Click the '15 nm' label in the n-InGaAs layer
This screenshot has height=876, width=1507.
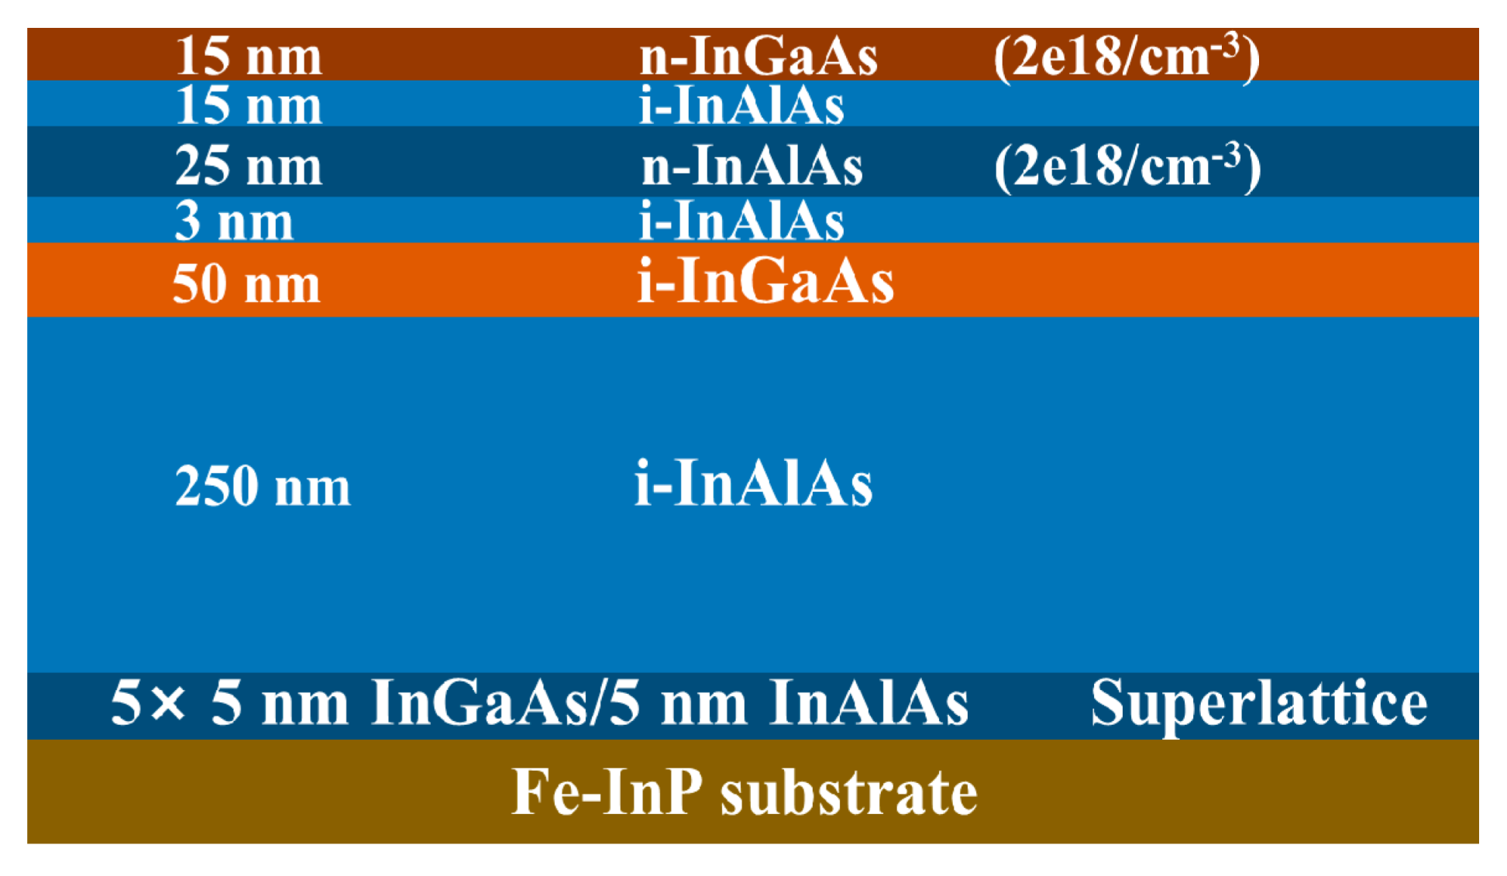[248, 57]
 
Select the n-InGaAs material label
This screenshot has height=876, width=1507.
[758, 57]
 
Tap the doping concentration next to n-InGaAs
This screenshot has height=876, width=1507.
[1127, 57]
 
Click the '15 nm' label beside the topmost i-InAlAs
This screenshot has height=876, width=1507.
[248, 105]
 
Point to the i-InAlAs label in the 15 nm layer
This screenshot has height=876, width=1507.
[741, 105]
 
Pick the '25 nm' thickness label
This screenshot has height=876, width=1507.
[248, 166]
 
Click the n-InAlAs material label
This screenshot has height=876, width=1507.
[752, 166]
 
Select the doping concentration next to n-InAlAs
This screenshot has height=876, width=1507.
[1127, 166]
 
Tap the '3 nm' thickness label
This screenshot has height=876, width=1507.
[234, 222]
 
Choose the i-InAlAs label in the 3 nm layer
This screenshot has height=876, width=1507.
[741, 222]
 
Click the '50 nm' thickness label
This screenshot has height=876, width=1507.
[246, 283]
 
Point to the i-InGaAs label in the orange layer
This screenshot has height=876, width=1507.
[765, 281]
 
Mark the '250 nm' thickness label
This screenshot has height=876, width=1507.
[263, 486]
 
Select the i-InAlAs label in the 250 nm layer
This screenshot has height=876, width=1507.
[753, 484]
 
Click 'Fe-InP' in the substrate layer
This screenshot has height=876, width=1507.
[607, 792]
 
